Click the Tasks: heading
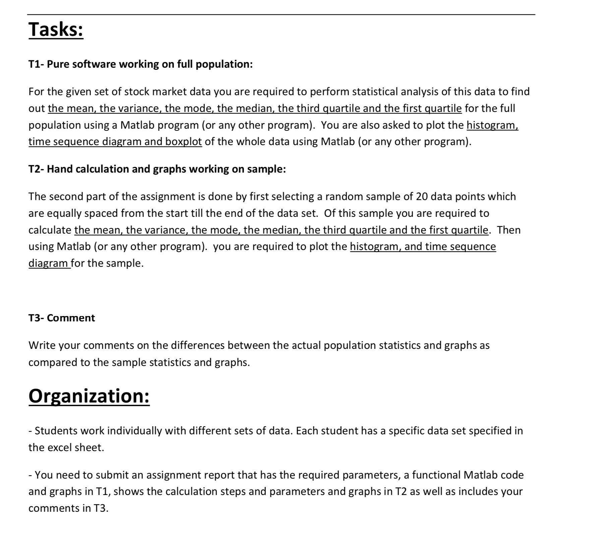[x=56, y=29]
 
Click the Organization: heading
[x=89, y=396]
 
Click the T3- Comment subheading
[x=62, y=318]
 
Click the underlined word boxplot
[x=183, y=142]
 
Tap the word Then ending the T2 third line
[x=508, y=230]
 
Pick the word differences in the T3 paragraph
[x=197, y=346]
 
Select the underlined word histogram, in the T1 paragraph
[x=492, y=125]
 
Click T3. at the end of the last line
[x=101, y=509]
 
